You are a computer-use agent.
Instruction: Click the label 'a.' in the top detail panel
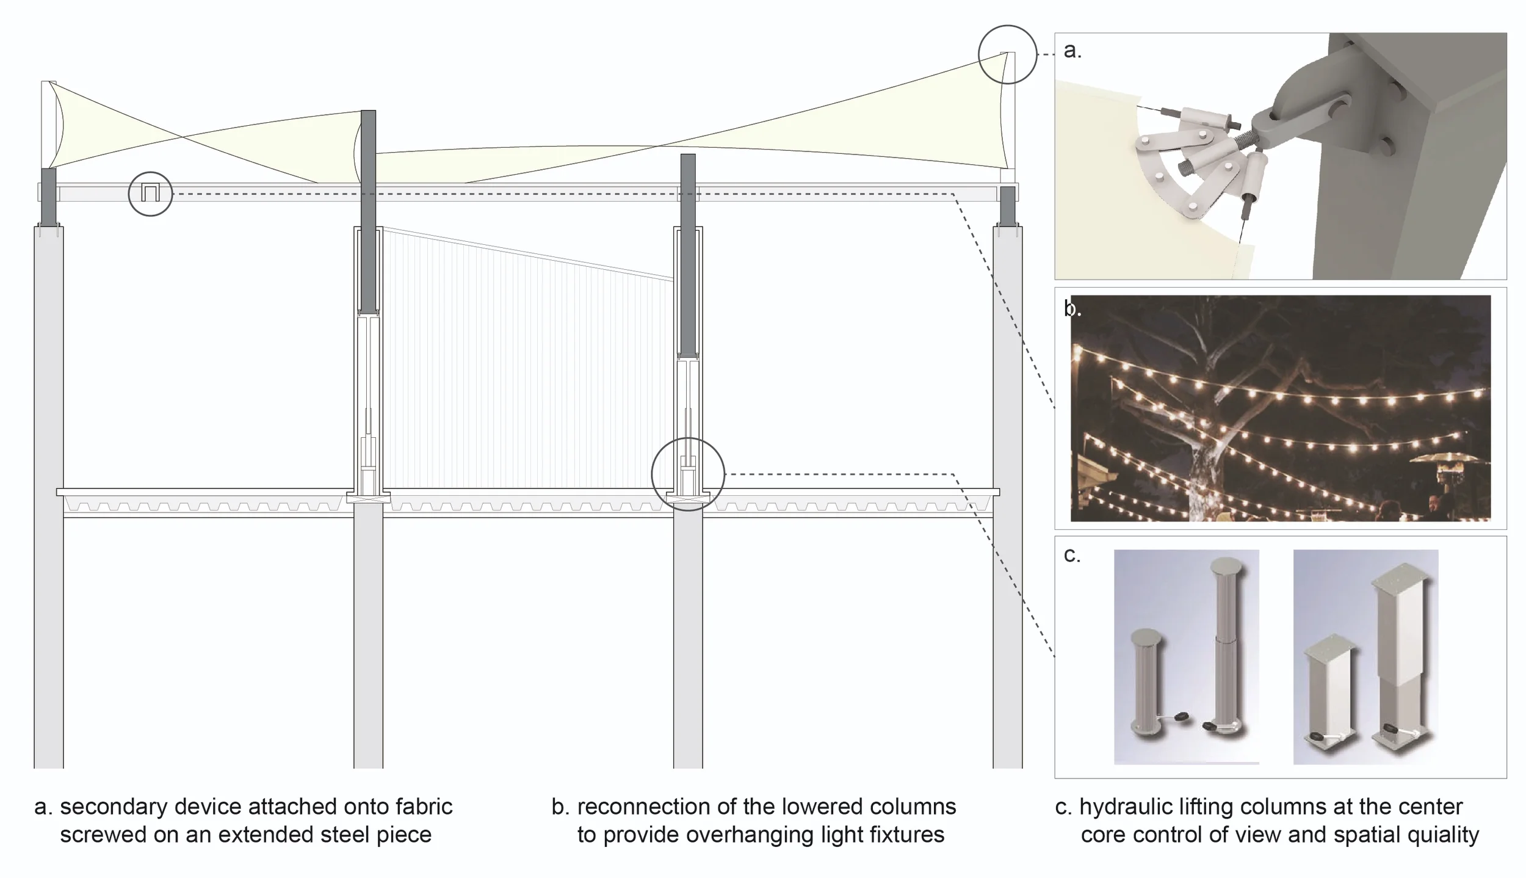click(1072, 51)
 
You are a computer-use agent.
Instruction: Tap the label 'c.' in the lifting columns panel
click(1072, 554)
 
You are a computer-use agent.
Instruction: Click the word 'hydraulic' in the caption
click(1127, 807)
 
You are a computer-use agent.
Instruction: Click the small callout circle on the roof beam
click(150, 194)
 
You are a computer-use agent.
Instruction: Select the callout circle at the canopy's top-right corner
click(1007, 54)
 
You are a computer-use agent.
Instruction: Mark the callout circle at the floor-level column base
click(688, 474)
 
